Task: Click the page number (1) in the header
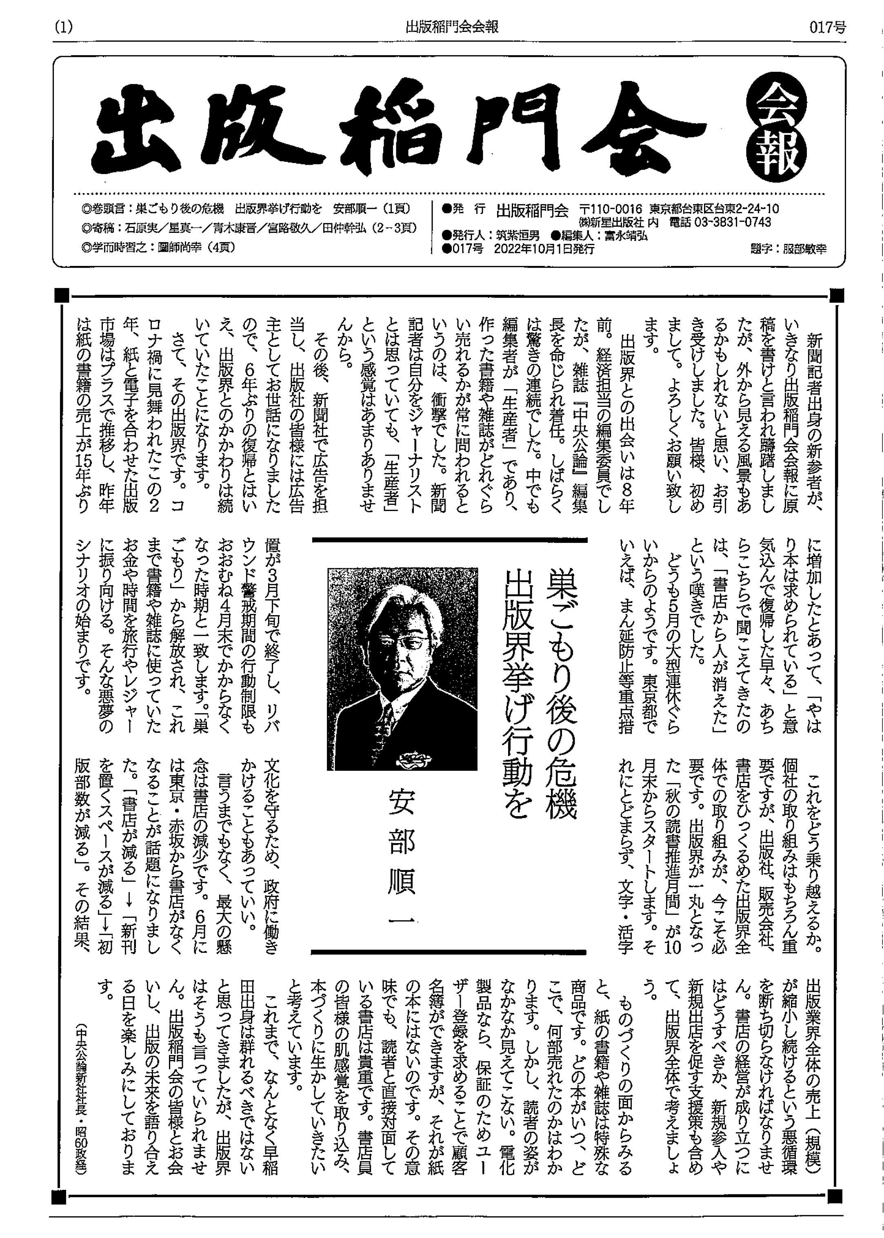click(64, 27)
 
